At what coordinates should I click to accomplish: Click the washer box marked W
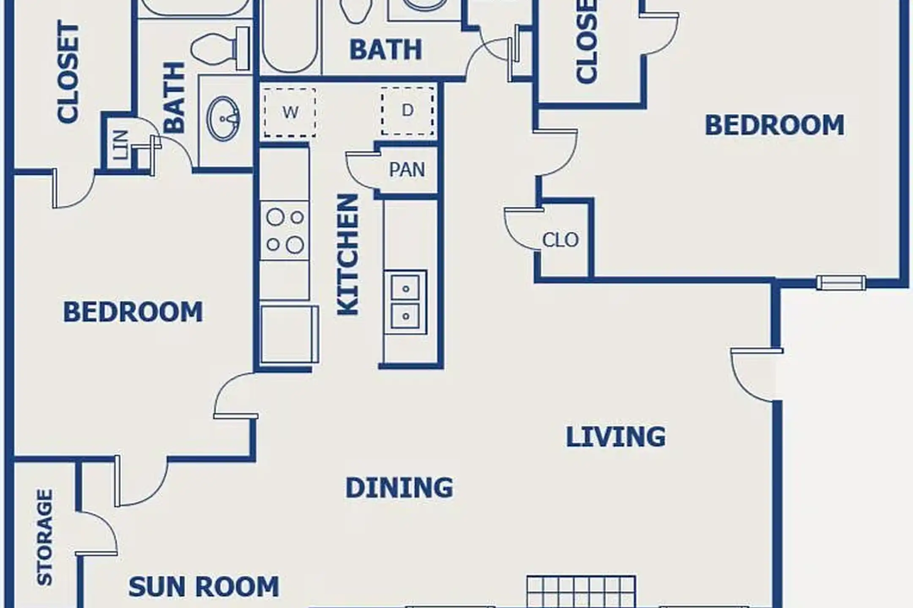tap(290, 112)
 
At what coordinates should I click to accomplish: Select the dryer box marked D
tap(407, 111)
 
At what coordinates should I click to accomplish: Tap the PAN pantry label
tap(407, 170)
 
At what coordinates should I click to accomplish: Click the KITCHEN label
tap(348, 255)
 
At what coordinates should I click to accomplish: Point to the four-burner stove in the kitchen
tap(284, 231)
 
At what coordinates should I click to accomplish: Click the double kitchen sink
tap(405, 302)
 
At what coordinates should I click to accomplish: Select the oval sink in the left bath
tap(223, 119)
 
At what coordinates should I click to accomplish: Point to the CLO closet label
tap(560, 240)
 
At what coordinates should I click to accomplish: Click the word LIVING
tap(615, 437)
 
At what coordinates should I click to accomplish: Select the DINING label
tap(399, 488)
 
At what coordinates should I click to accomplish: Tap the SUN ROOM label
tap(204, 587)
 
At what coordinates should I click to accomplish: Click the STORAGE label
tap(45, 537)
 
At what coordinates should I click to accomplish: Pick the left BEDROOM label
tap(133, 312)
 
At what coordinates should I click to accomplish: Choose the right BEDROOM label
tap(774, 125)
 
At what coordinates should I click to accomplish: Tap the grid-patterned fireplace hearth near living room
tap(581, 592)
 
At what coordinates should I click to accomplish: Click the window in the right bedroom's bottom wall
tap(841, 282)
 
